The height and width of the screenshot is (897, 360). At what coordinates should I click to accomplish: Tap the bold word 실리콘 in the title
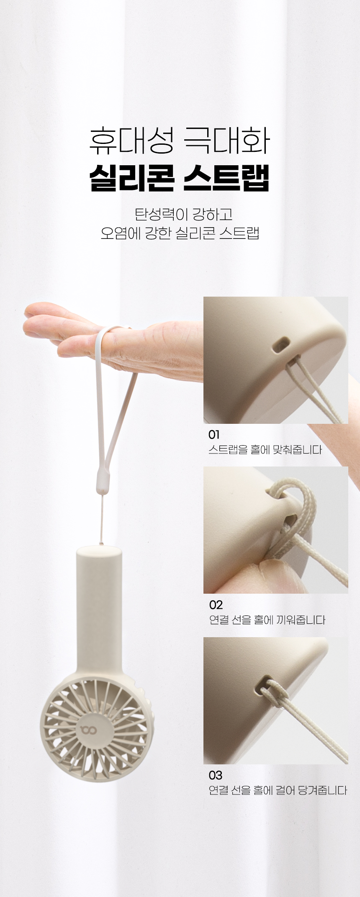132,178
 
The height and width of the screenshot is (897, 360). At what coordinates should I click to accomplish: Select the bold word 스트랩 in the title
226,178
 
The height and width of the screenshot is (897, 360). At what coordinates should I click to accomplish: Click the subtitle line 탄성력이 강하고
183,214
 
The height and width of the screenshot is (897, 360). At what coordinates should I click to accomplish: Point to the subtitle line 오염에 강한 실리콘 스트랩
180,233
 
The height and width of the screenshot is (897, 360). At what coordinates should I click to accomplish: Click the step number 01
214,435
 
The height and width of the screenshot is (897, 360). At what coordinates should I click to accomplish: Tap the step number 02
216,605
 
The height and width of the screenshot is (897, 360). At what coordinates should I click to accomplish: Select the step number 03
216,775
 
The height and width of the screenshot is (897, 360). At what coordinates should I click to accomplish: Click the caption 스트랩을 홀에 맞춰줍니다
265,450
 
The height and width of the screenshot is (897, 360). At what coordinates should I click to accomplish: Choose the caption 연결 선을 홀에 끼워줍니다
267,620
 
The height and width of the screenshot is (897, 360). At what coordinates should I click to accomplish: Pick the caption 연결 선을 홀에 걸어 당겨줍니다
278,790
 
